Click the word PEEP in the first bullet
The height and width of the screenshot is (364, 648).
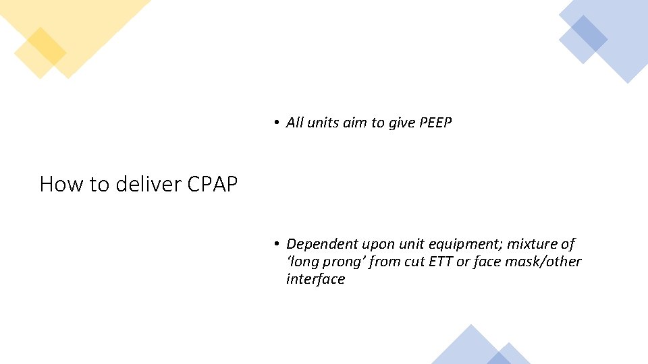435,123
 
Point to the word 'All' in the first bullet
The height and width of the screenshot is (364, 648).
294,123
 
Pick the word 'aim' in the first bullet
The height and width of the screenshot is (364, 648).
355,123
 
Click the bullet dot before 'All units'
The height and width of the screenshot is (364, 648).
277,123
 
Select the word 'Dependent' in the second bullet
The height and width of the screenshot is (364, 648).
322,244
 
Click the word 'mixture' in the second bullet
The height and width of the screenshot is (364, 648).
533,244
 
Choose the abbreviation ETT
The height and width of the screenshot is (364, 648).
439,262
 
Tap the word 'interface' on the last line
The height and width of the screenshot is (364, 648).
315,279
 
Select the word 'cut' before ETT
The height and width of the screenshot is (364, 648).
414,262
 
